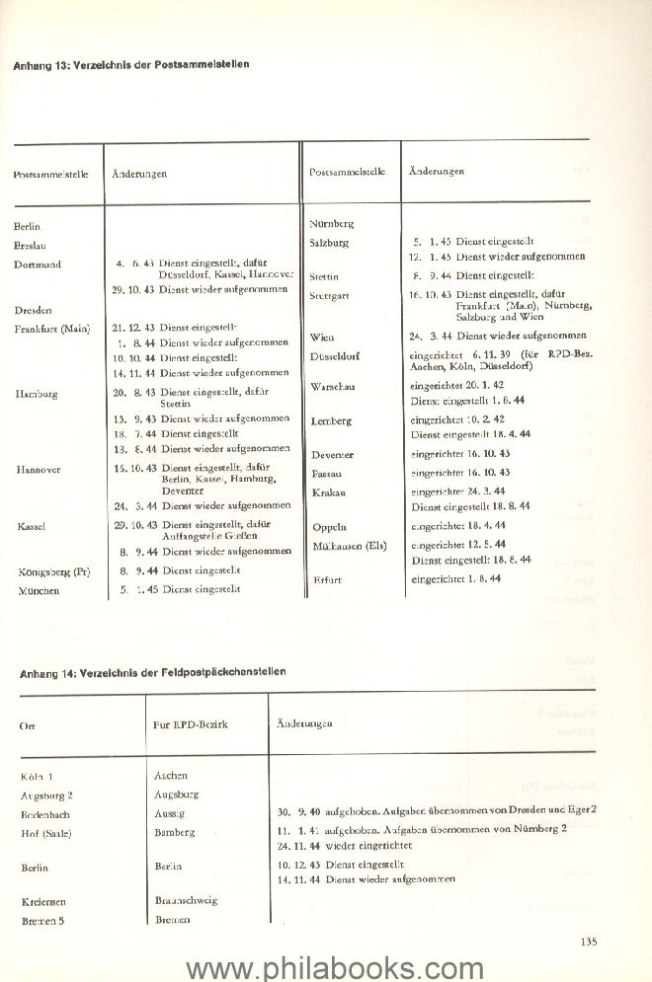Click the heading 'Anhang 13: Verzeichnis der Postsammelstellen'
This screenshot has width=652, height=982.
pyautogui.click(x=130, y=64)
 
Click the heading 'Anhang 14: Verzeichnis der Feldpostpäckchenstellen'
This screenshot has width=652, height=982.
pyautogui.click(x=153, y=672)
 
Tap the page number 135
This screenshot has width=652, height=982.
pyautogui.click(x=588, y=942)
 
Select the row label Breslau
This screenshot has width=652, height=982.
pyautogui.click(x=33, y=246)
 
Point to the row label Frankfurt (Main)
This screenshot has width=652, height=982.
pyautogui.click(x=52, y=329)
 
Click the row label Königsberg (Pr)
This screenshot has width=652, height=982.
pyautogui.click(x=54, y=571)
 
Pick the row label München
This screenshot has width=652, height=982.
pyautogui.click(x=38, y=591)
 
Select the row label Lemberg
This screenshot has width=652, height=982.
pyautogui.click(x=331, y=421)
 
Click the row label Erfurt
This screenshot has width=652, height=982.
pyautogui.click(x=325, y=580)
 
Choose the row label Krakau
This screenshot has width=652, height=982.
pyautogui.click(x=328, y=491)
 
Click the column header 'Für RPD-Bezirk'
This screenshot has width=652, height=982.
pyautogui.click(x=191, y=724)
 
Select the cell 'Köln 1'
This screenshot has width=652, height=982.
pyautogui.click(x=38, y=778)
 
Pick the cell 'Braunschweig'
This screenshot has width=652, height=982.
pyautogui.click(x=186, y=900)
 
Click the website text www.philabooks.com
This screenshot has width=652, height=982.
pyautogui.click(x=326, y=965)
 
